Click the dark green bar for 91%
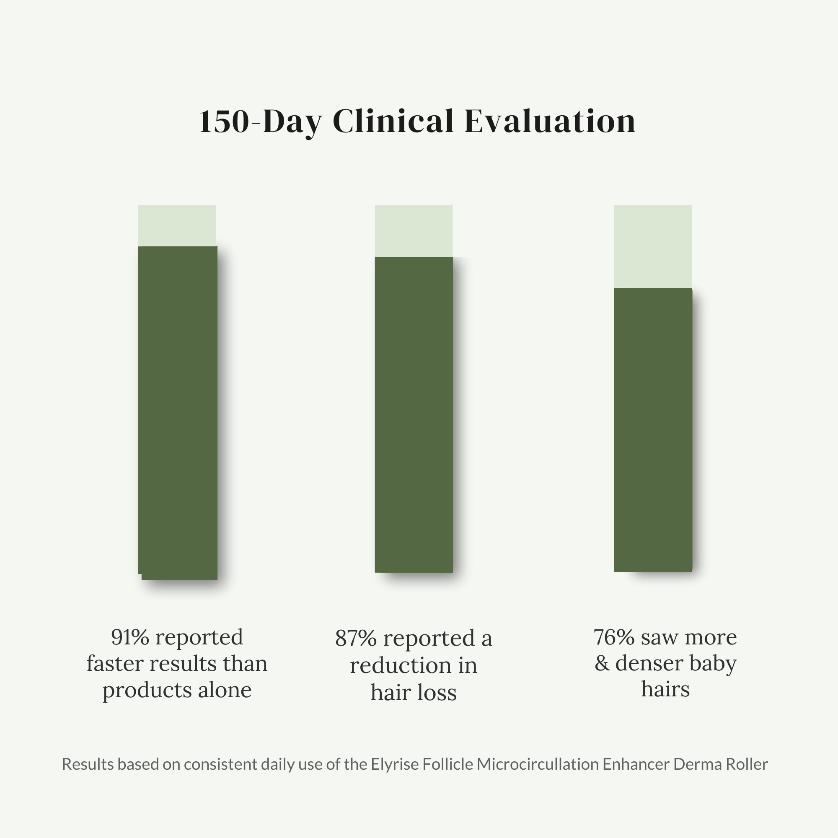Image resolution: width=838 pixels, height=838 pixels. coord(177,412)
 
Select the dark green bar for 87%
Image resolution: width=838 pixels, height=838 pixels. coord(414,414)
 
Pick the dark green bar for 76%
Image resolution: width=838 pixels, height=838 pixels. coord(652,429)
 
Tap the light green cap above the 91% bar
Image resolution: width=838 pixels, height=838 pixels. coord(177,225)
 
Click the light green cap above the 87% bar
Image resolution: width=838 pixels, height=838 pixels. coord(414,231)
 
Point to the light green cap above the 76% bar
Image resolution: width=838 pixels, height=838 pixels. coord(652,246)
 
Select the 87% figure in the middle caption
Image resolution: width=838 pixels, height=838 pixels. coord(356,639)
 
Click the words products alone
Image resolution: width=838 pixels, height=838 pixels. coord(177,690)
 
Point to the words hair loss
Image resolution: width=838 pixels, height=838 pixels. coord(414,692)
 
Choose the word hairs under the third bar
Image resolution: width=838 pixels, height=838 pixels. coord(665,689)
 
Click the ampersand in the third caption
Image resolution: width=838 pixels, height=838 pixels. coord(601,663)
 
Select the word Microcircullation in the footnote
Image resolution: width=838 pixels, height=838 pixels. coord(538,764)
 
